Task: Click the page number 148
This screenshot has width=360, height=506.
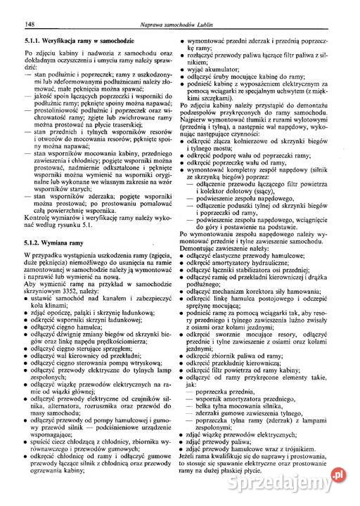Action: pos(29,27)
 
